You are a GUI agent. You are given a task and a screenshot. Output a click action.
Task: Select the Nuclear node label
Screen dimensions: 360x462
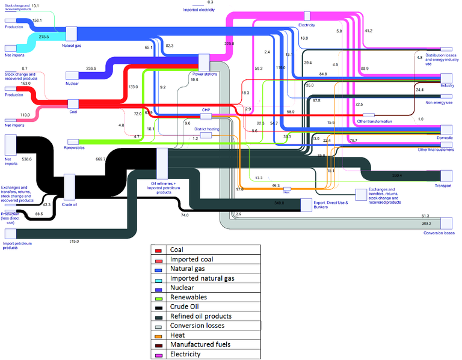(72, 84)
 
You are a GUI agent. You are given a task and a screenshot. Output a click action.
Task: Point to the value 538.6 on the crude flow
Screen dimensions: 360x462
(26, 159)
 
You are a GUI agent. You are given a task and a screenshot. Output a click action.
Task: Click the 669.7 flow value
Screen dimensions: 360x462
(100, 159)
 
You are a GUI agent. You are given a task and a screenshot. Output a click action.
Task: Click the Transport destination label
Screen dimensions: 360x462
(443, 186)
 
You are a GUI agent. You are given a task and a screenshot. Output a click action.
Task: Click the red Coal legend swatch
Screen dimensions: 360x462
(158, 249)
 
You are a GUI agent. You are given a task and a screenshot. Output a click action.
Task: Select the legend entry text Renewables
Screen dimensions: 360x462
(189, 297)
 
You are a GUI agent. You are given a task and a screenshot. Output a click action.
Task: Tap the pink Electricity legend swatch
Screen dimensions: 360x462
(158, 355)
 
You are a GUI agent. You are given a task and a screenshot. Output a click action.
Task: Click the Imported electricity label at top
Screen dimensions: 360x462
(199, 10)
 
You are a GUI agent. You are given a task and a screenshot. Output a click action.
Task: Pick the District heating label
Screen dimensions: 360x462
(205, 129)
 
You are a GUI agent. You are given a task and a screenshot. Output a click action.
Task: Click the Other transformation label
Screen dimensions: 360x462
(374, 121)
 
